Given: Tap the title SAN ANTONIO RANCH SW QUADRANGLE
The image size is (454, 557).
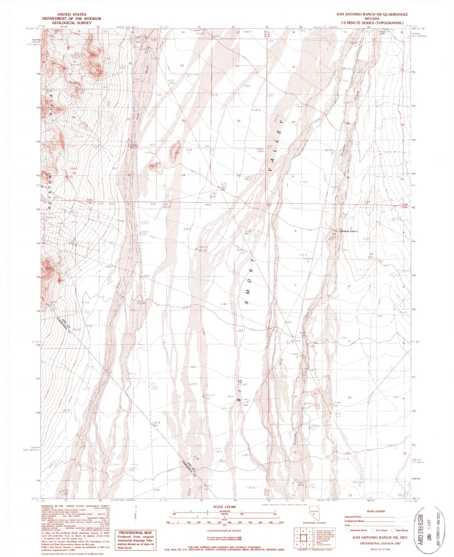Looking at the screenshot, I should click(x=372, y=14).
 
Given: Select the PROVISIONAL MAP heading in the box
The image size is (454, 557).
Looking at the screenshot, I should click(x=135, y=533).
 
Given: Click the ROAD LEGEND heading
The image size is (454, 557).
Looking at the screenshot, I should click(x=376, y=511).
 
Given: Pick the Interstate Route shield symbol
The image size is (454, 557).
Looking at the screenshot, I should click(x=347, y=530).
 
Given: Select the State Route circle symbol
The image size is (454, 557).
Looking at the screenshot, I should click(x=393, y=530).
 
